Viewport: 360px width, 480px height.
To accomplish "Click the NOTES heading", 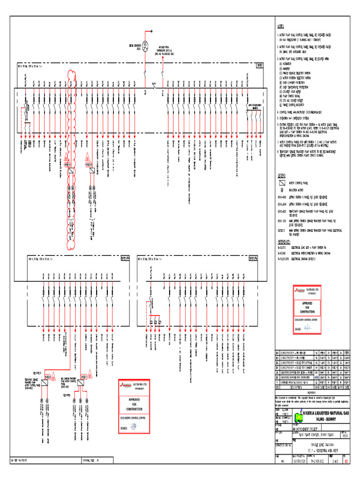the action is tap(281, 27).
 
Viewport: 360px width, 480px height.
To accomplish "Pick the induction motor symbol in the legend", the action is tap(282, 190).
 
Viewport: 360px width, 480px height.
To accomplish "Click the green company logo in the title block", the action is tap(299, 416).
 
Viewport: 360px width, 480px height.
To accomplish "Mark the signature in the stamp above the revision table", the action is tap(308, 327).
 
